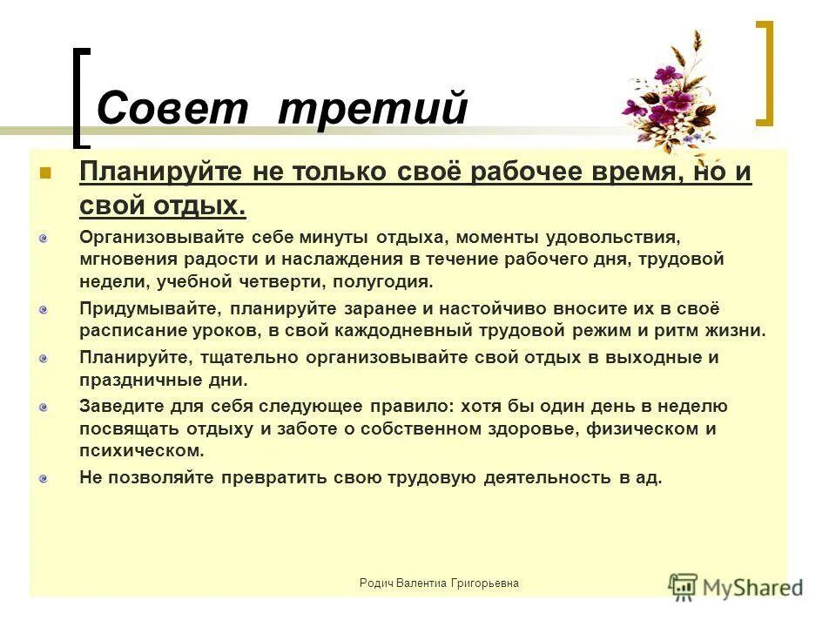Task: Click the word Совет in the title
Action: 175,110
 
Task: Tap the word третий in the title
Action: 374,110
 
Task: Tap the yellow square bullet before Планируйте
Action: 46,173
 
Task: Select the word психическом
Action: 141,451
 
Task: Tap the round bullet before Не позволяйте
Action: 44,477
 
